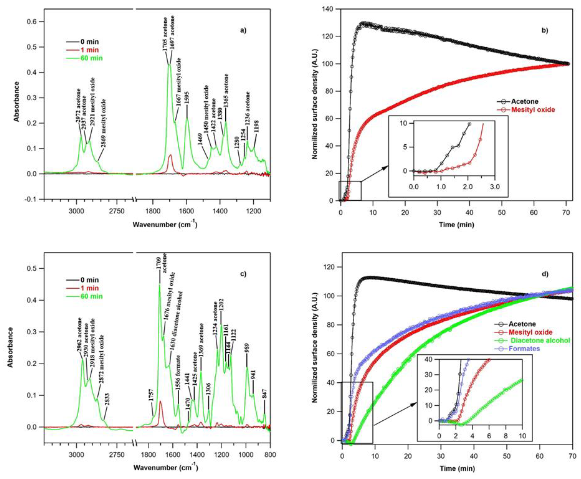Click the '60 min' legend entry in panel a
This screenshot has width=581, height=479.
click(x=91, y=58)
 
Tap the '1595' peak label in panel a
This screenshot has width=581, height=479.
click(x=187, y=98)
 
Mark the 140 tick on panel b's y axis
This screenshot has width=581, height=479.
click(x=330, y=9)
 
